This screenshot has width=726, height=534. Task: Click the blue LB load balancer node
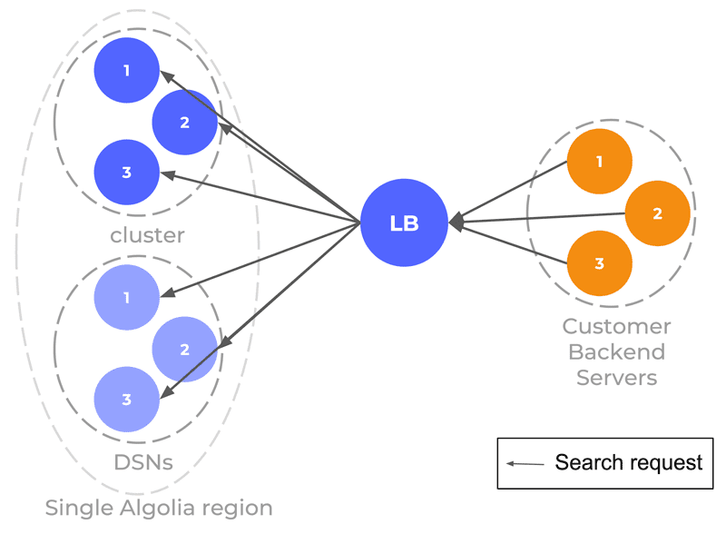(x=404, y=223)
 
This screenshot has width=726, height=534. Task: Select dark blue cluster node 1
(x=126, y=70)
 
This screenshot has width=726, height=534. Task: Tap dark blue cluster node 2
(x=185, y=123)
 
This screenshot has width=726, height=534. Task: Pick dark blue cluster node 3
(x=126, y=173)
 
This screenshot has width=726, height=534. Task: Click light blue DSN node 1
(x=126, y=298)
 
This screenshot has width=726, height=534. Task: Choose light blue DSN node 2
(x=185, y=350)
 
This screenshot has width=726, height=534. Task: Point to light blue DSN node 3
(x=126, y=400)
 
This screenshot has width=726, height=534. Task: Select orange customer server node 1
(x=600, y=162)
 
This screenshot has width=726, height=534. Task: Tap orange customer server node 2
(x=657, y=213)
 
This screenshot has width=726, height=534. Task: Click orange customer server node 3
(x=600, y=263)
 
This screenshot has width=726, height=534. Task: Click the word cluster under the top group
(x=147, y=235)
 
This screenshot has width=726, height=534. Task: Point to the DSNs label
(x=143, y=462)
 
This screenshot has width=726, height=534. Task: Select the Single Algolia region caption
(x=159, y=508)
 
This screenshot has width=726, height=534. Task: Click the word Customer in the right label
(x=616, y=326)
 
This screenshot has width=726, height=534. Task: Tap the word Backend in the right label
(x=616, y=351)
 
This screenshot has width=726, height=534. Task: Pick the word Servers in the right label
(x=616, y=377)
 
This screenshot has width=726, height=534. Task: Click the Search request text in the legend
(x=629, y=462)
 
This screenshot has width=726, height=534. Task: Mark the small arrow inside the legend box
(x=525, y=463)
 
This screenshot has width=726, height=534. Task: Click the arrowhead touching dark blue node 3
(x=167, y=175)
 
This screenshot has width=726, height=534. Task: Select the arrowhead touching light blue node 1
(x=167, y=293)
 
